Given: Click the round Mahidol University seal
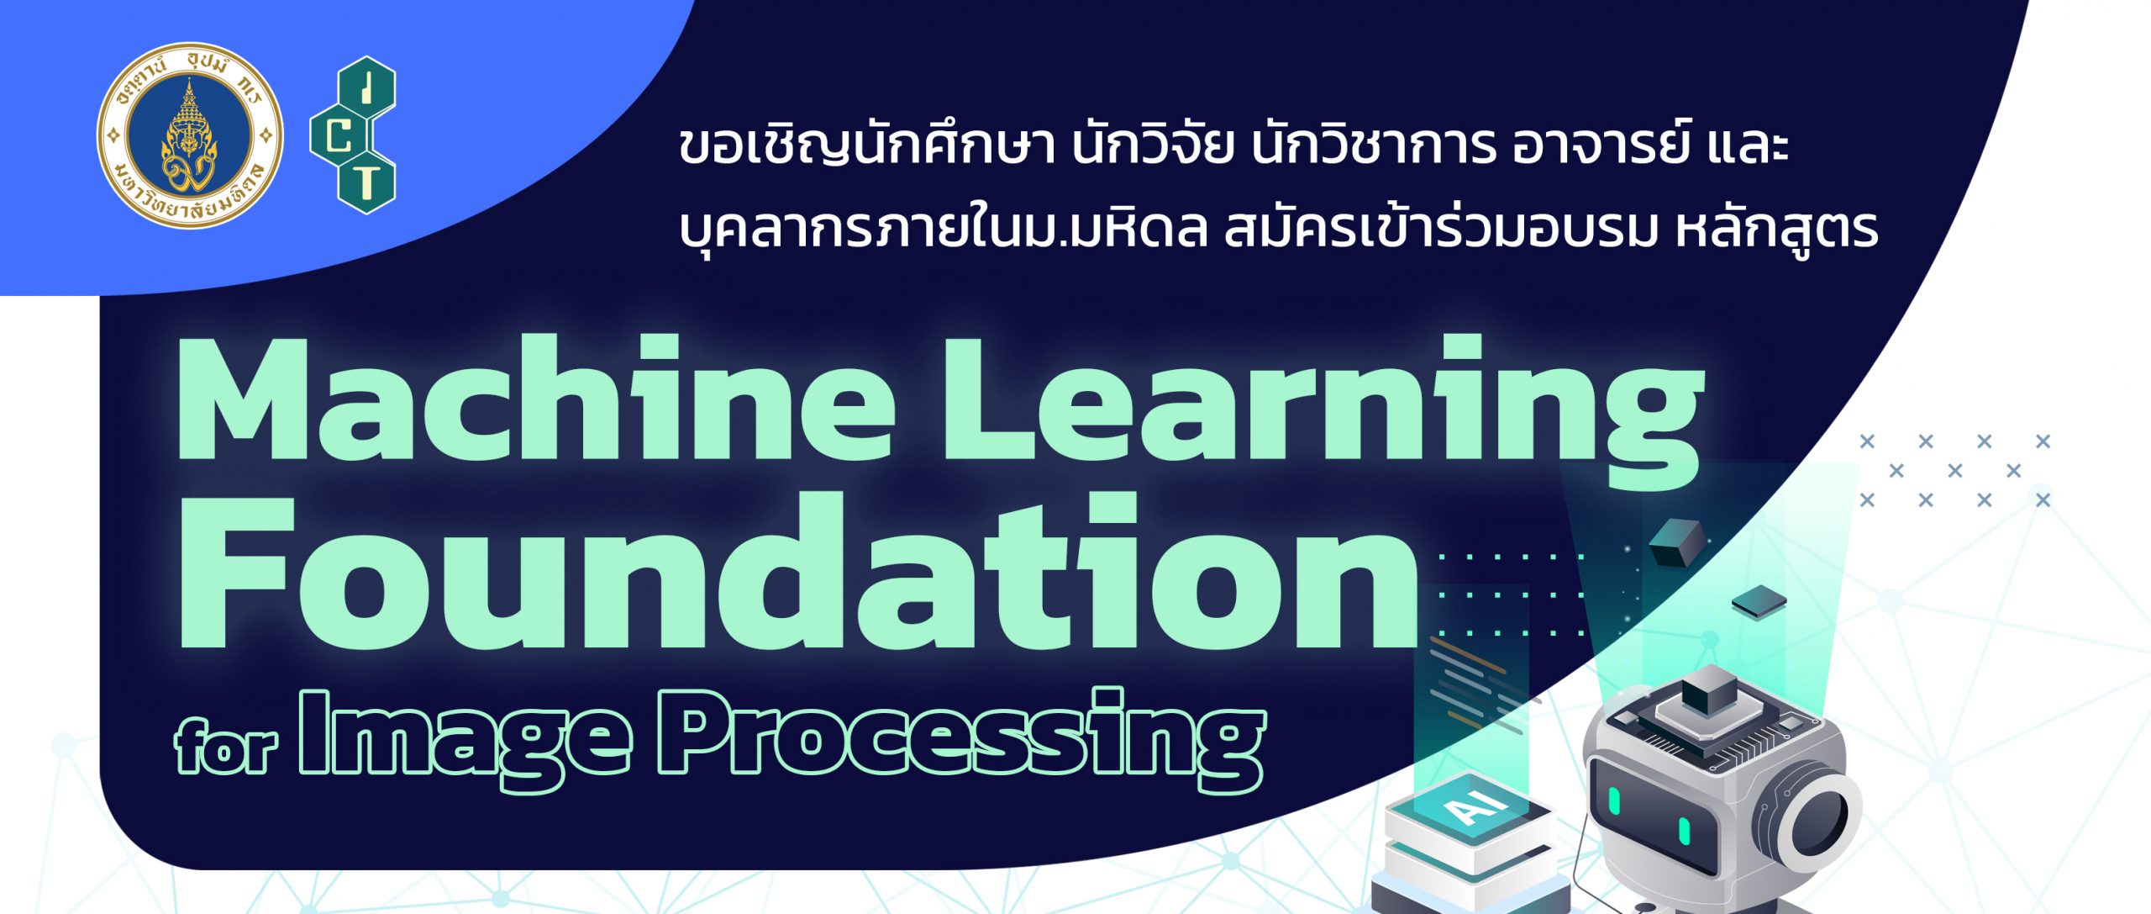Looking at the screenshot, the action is [190, 135].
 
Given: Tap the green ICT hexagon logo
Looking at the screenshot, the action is [353, 135].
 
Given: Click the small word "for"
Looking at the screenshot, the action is [226, 745].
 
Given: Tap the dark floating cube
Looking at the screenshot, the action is [1677, 543].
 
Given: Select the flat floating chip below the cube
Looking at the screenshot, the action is [1759, 604].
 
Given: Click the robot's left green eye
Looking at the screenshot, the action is [1614, 800].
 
